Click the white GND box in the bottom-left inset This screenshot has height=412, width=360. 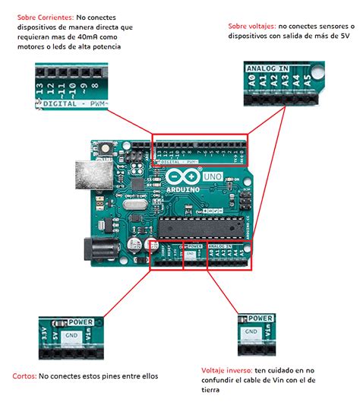click(x=71, y=334)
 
